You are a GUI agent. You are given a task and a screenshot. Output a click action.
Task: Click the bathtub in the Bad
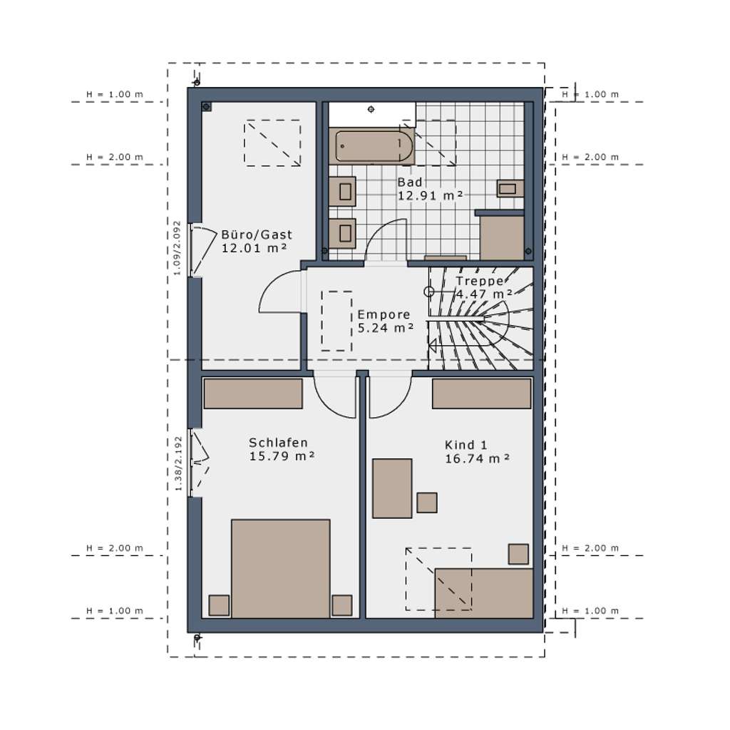pos(374,147)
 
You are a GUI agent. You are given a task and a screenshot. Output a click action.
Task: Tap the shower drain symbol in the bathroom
pos(371,110)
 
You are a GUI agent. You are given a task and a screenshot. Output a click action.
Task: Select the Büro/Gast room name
pos(257,235)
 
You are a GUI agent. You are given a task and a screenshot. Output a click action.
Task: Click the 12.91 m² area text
pos(431,195)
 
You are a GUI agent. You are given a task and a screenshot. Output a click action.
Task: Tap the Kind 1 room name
pos(466,445)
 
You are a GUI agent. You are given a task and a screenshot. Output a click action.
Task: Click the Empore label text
pos(384,314)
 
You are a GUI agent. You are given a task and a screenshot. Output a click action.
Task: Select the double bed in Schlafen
pos(280,567)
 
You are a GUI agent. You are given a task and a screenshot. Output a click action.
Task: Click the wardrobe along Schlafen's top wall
pos(253,394)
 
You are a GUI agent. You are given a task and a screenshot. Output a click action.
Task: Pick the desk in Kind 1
pos(392,488)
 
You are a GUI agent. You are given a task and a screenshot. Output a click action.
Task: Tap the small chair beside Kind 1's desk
pos(427,503)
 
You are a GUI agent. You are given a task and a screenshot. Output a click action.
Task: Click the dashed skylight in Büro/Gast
pos(272,143)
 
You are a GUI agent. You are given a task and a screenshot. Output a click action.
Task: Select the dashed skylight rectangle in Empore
pos(336,321)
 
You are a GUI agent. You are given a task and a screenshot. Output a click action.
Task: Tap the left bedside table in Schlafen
pos(219,605)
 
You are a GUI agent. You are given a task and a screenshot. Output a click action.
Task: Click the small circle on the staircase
pos(428,292)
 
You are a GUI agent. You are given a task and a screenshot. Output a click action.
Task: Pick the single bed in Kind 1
pos(484,592)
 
